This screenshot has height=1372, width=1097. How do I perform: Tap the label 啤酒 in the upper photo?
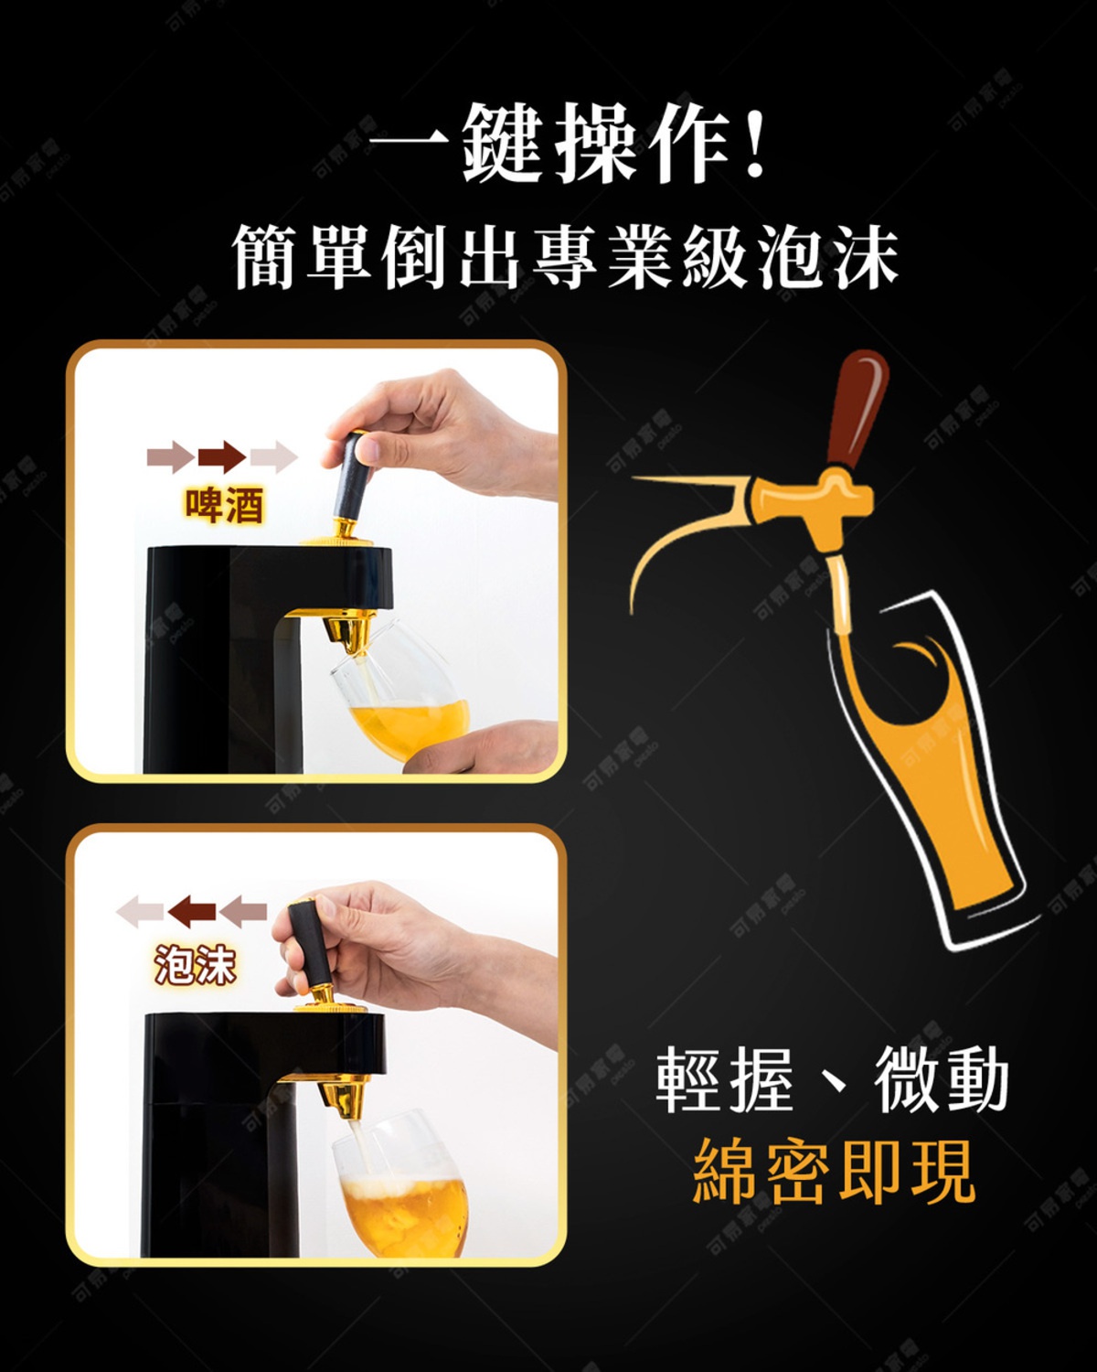click(224, 505)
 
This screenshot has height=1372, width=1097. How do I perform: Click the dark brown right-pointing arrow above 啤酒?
click(221, 455)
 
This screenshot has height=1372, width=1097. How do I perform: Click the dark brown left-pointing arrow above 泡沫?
click(194, 911)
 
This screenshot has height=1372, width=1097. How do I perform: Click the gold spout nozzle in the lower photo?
click(345, 1098)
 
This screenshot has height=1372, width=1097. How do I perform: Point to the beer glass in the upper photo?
click(402, 691)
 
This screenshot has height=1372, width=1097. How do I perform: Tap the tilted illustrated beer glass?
click(932, 777)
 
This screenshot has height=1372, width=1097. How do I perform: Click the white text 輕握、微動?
click(832, 1082)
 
